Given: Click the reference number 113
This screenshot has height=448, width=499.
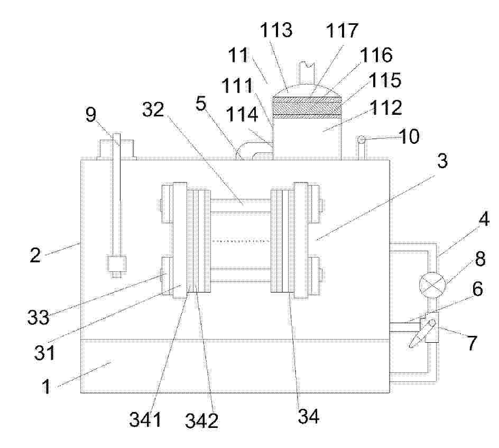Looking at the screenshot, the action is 276,30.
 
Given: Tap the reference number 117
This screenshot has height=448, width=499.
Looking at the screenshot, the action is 342,31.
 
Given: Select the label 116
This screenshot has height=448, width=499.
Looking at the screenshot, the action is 376,55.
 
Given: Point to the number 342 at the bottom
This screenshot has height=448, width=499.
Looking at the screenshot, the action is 202,420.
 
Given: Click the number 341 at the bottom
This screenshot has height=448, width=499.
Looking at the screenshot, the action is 145,419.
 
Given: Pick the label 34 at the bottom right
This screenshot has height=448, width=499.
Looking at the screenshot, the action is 308,416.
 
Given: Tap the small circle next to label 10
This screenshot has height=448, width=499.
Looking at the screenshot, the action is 361,140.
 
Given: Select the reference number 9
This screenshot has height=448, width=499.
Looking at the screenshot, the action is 91,114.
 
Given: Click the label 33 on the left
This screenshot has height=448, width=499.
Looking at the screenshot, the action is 39,317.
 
